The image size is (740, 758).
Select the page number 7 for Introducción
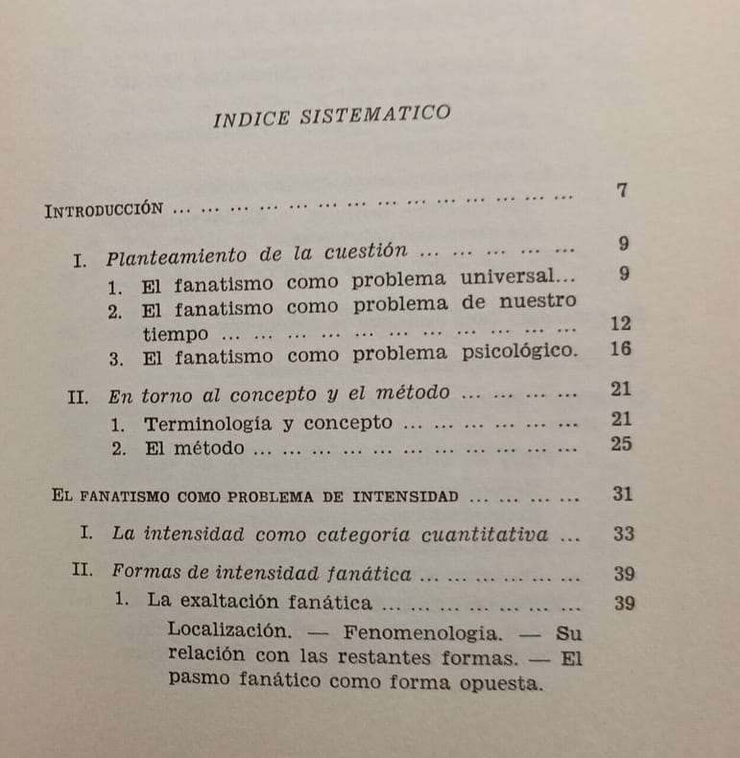coord(622,190)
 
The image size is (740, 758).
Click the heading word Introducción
coord(102,210)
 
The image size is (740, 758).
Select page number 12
coord(621,324)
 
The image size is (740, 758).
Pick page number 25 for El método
coord(621,444)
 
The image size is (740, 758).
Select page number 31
coord(622,495)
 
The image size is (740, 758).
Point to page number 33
coord(623,534)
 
